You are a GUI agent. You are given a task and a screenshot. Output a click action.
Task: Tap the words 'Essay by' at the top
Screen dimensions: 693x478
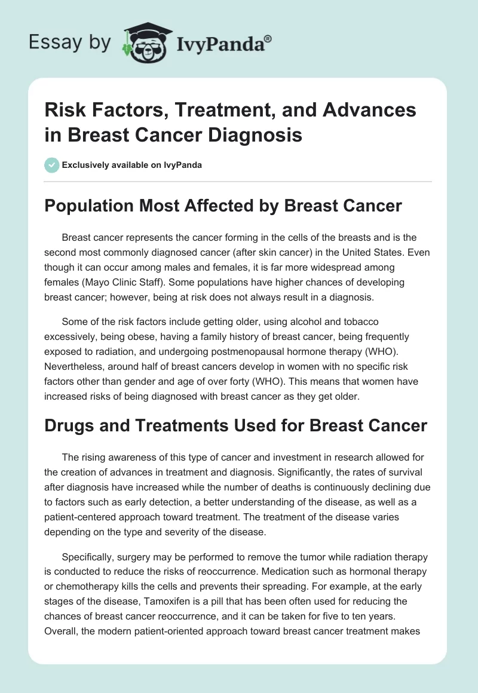point(69,42)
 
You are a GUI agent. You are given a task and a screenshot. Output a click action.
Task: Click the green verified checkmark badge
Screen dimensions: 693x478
point(51,165)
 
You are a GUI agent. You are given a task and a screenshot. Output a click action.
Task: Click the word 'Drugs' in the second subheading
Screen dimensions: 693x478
point(68,425)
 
